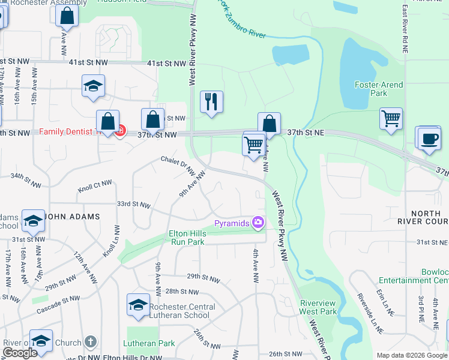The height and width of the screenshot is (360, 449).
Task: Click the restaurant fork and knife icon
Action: pyautogui.click(x=211, y=102)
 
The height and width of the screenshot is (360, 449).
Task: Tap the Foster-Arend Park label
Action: pyautogui.click(x=379, y=89)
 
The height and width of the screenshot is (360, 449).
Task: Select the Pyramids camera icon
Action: pyautogui.click(x=259, y=223)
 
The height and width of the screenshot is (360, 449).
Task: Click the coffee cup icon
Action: pyautogui.click(x=429, y=138)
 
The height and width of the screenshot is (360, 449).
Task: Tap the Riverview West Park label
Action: pyautogui.click(x=318, y=307)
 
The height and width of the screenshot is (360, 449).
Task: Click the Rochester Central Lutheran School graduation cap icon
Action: pyautogui.click(x=138, y=305)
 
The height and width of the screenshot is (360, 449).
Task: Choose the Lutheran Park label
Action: pyautogui.click(x=149, y=343)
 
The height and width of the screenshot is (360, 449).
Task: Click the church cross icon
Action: pyautogui.click(x=90, y=342)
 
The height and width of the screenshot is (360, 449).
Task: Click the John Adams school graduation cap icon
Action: pyautogui.click(x=33, y=221)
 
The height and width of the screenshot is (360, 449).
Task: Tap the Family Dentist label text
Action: pyautogui.click(x=65, y=131)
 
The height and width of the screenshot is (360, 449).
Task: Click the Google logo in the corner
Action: pyautogui.click(x=20, y=353)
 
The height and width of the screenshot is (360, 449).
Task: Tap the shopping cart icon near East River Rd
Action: pyautogui.click(x=391, y=118)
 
